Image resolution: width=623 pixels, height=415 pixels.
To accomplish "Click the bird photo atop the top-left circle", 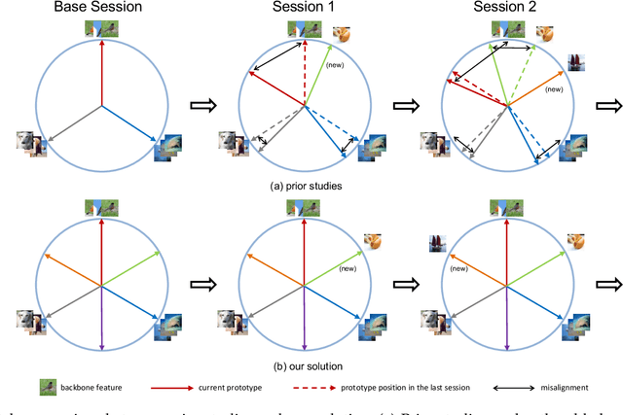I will click(100, 27).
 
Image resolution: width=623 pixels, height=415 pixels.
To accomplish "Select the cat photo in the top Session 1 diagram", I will click(343, 35).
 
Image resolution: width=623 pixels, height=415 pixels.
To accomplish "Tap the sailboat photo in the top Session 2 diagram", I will click(576, 64).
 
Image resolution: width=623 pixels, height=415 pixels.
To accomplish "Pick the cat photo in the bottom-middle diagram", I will click(372, 240).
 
